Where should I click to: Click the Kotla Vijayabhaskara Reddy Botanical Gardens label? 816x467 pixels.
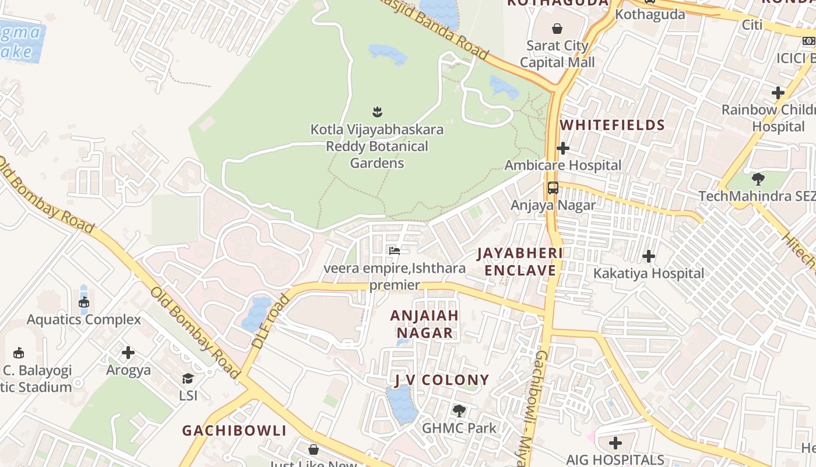click(377, 146)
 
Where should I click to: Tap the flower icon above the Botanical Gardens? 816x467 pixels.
click(377, 110)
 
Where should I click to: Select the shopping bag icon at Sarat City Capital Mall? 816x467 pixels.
click(557, 28)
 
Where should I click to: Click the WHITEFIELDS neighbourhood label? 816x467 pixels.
click(612, 125)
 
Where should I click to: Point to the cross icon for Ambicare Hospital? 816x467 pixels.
click(562, 148)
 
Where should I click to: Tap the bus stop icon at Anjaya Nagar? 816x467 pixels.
click(553, 188)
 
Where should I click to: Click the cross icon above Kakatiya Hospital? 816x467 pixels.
click(648, 256)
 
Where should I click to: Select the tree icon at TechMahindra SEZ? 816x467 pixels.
click(758, 179)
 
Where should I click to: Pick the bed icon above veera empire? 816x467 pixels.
click(395, 251)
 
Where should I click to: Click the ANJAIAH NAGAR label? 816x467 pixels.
click(424, 324)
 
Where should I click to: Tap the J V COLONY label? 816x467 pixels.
click(441, 380)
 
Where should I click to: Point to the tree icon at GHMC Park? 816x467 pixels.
click(459, 410)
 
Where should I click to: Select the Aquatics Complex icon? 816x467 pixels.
click(84, 302)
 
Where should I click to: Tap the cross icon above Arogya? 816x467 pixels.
click(128, 353)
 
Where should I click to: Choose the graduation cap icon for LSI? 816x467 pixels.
click(188, 378)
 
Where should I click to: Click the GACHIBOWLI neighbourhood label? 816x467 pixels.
click(234, 431)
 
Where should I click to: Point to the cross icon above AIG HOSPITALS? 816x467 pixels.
click(615, 442)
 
